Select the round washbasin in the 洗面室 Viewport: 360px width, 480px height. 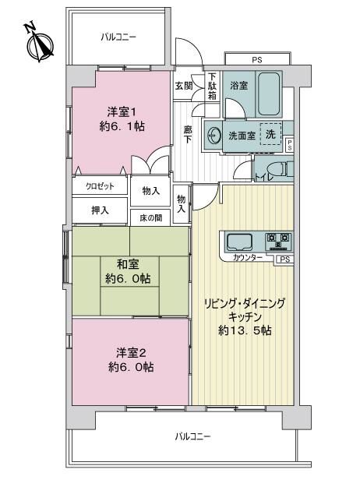click(214, 135)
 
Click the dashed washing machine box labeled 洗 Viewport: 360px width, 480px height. click(270, 134)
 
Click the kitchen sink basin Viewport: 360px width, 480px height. click(239, 242)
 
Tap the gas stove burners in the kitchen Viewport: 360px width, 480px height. click(278, 241)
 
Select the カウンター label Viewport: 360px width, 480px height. click(247, 258)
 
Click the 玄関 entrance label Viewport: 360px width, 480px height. click(184, 86)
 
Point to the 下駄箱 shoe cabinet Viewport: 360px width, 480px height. click(213, 86)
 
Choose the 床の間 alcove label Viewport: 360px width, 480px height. click(150, 218)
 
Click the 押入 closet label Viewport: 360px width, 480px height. click(100, 210)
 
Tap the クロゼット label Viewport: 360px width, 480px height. click(100, 186)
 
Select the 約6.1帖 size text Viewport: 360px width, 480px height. click(122, 126)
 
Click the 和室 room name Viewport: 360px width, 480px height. click(128, 264)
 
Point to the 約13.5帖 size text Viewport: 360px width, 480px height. click(245, 330)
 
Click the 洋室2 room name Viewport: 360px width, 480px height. click(131, 353)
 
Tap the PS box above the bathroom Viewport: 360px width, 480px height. click(257, 58)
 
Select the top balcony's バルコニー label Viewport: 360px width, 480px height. click(118, 37)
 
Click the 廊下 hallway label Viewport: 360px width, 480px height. click(188, 135)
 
